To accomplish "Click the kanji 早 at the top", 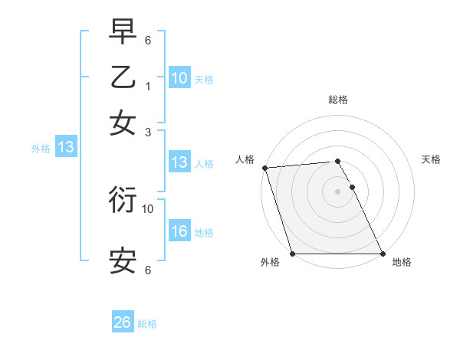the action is pyautogui.click(x=123, y=33).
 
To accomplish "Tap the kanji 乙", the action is pyautogui.click(x=123, y=77).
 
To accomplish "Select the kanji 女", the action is pyautogui.click(x=123, y=122).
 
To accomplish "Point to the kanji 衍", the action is pyautogui.click(x=123, y=200).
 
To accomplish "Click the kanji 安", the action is pyautogui.click(x=123, y=260).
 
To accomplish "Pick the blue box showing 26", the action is pyautogui.click(x=123, y=323).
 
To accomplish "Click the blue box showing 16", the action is pyautogui.click(x=179, y=232).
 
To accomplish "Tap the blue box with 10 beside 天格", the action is pyautogui.click(x=179, y=77).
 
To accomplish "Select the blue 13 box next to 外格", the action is pyautogui.click(x=66, y=148).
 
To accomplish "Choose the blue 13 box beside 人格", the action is pyautogui.click(x=179, y=162).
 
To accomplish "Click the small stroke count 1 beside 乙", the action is pyautogui.click(x=148, y=87).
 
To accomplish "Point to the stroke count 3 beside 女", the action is pyautogui.click(x=148, y=132).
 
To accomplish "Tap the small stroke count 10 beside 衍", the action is pyautogui.click(x=148, y=208).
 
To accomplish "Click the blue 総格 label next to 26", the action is pyautogui.click(x=147, y=324).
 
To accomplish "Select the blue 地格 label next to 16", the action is pyautogui.click(x=204, y=233).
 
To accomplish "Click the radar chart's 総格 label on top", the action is pyautogui.click(x=338, y=100).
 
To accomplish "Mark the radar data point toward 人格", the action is pyautogui.click(x=264, y=168).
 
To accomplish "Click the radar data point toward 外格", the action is pyautogui.click(x=292, y=254).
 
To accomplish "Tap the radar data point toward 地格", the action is pyautogui.click(x=383, y=254).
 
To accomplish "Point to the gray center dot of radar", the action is pyautogui.click(x=337, y=191).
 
